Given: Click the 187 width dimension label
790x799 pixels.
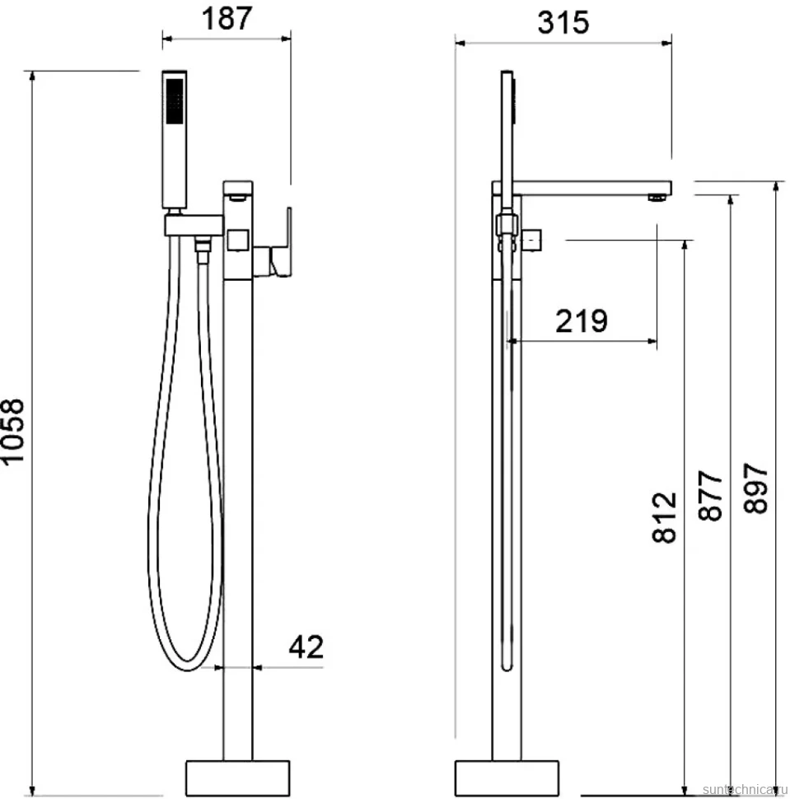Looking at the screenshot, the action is (227, 18).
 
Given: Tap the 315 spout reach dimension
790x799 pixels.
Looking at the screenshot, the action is (563, 23).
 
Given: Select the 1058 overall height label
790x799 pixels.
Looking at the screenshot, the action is (13, 431).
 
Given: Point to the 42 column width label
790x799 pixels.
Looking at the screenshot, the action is (306, 647).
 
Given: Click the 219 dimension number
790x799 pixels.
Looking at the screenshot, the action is (581, 321).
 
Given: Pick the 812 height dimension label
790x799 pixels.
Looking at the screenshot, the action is (664, 518).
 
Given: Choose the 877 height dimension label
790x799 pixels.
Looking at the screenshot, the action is (710, 495).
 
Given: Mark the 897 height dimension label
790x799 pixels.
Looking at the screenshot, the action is (755, 488).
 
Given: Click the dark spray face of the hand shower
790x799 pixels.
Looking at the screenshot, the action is (175, 100).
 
